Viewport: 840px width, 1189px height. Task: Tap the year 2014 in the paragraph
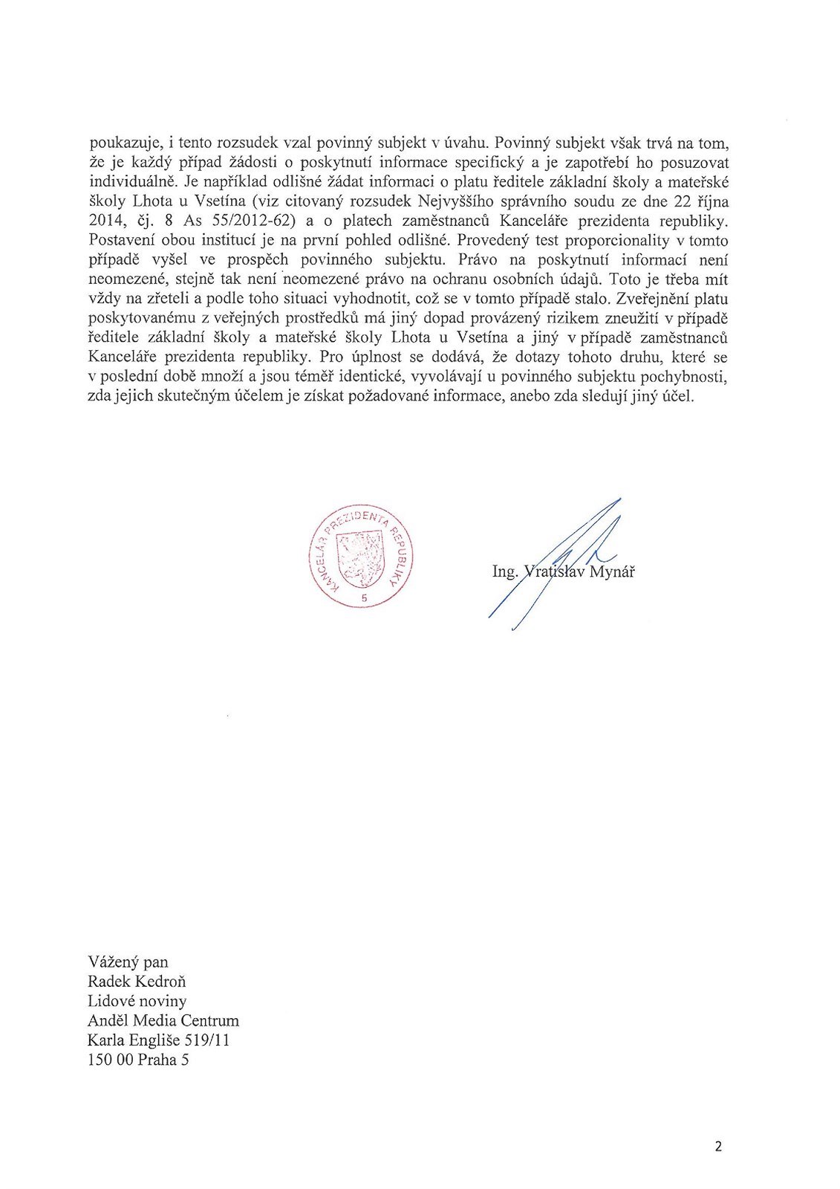pos(104,221)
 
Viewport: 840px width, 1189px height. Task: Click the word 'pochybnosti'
pos(687,377)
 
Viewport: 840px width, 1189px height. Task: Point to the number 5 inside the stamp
pos(363,598)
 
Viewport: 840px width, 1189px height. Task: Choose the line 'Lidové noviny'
pos(137,1001)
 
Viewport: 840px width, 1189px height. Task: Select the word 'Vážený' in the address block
pos(112,962)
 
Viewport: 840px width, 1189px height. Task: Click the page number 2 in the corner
pos(718,1146)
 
